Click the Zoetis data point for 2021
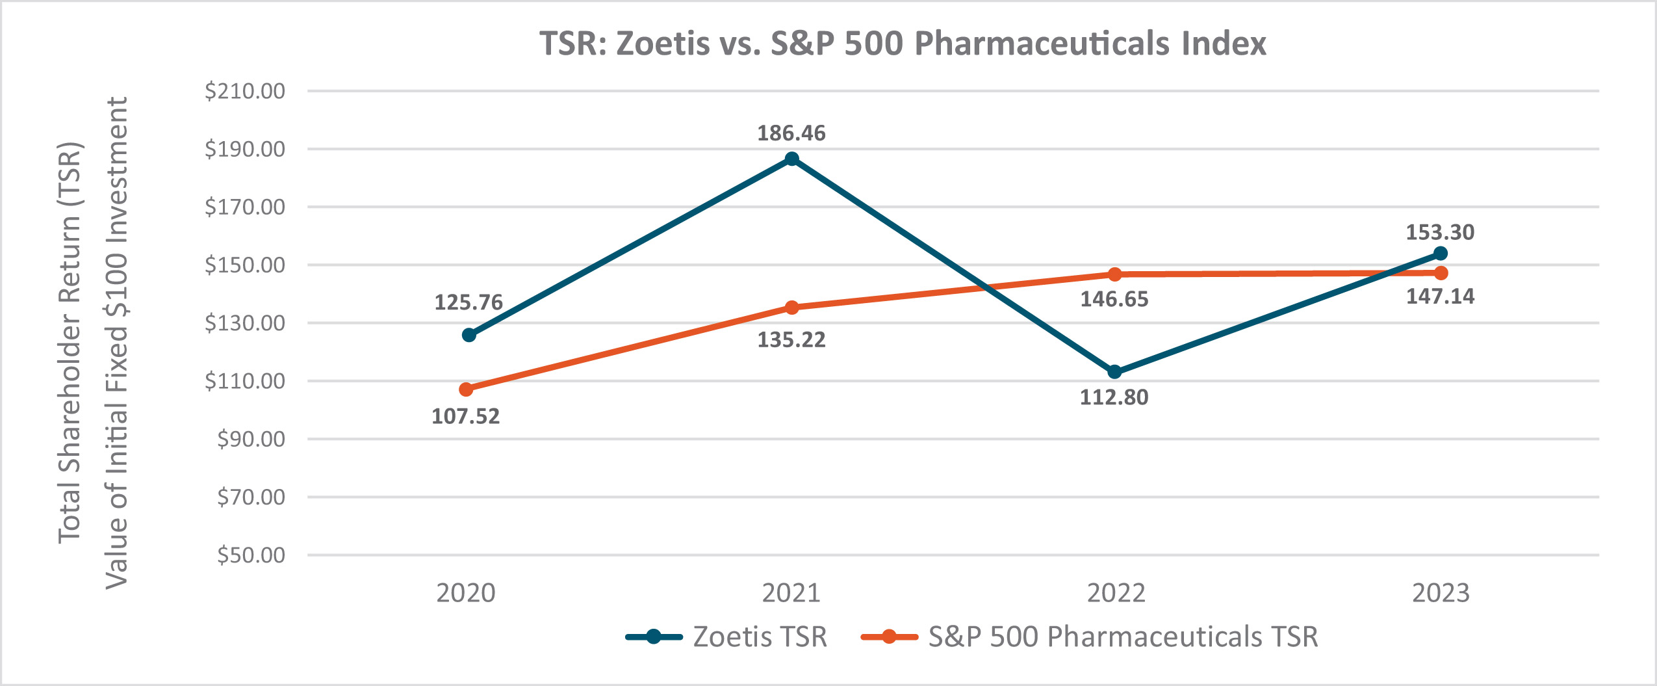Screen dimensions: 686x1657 tap(791, 159)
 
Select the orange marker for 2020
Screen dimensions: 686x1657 tap(466, 389)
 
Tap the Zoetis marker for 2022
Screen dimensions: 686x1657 tap(1114, 372)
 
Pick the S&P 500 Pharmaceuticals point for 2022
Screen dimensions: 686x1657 tap(1114, 274)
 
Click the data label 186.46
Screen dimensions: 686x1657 tap(791, 133)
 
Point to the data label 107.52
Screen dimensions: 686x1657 tap(465, 416)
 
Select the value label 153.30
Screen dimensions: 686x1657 tap(1440, 232)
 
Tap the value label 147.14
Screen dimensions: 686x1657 tap(1440, 297)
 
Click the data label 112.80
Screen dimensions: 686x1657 tap(1114, 397)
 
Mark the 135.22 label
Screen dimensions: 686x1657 tap(791, 339)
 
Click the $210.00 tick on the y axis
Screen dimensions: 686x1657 tap(245, 91)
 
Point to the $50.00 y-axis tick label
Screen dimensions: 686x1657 tap(251, 555)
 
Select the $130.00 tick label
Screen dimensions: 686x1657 tap(245, 323)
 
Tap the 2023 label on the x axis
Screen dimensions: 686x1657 tap(1440, 593)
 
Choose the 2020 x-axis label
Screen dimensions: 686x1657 tap(465, 593)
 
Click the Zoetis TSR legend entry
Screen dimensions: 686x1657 tap(726, 637)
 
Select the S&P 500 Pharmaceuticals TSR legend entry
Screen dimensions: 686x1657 tap(1090, 637)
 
